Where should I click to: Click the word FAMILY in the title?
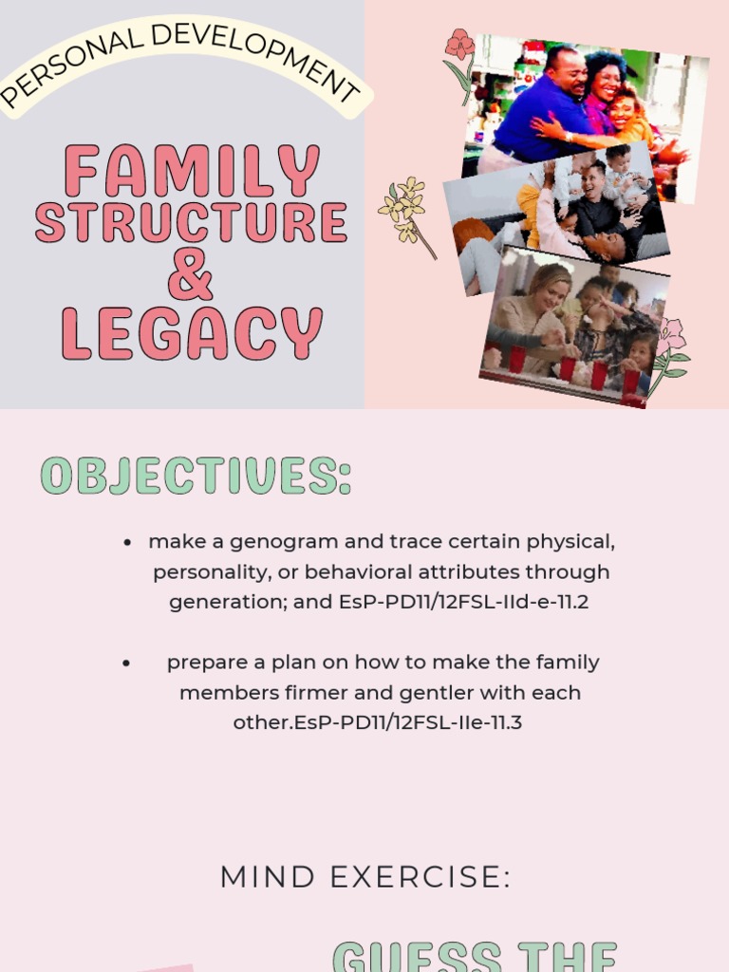191,171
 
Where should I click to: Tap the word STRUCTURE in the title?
191,221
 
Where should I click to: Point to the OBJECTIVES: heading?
196,476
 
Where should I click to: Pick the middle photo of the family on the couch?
560,218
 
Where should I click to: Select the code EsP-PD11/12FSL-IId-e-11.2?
463,602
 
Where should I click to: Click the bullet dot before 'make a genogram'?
127,543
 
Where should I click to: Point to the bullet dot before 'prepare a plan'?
126,664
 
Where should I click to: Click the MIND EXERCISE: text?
365,877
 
